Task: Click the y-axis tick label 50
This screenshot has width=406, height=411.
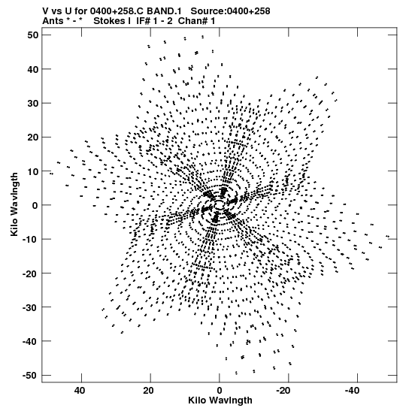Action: [x=33, y=35]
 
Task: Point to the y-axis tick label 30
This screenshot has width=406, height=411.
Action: [x=33, y=103]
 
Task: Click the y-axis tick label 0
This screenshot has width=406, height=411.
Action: [x=35, y=205]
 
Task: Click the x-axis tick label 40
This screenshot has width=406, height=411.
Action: [x=80, y=391]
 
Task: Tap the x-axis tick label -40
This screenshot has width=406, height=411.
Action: [x=352, y=391]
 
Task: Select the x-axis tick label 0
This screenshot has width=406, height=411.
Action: [x=220, y=391]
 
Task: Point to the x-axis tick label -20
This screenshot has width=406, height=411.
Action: [x=283, y=391]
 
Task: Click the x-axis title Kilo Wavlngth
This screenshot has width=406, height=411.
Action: [x=220, y=400]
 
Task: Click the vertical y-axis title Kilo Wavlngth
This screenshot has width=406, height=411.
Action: [x=14, y=204]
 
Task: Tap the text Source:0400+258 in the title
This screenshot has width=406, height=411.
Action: [x=230, y=11]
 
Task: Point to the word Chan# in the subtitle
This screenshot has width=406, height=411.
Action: [x=192, y=21]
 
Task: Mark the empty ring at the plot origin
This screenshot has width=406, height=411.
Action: [x=220, y=205]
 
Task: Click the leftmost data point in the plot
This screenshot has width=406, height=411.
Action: [x=51, y=174]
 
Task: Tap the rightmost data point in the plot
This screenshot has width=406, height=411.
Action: [x=388, y=237]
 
